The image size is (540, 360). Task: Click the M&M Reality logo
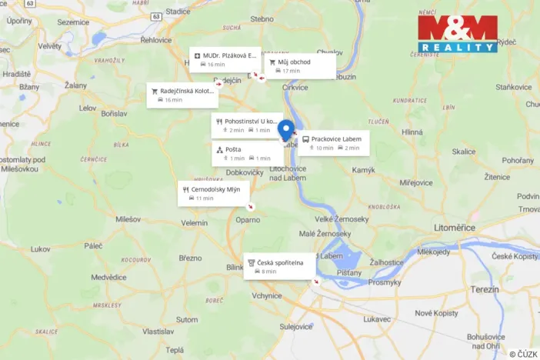pos(458,35)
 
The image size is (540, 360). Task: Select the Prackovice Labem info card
pos(334,142)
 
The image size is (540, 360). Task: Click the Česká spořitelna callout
pos(279,266)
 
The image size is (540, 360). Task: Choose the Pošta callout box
pos(247,153)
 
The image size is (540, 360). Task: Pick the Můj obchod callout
pos(300,65)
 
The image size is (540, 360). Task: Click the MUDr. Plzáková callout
pos(225,59)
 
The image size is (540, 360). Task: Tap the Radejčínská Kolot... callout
pos(182,95)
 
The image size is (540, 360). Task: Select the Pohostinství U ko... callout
pos(247,125)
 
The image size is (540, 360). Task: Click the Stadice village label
pos(178,12)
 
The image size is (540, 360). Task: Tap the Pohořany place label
pos(516,161)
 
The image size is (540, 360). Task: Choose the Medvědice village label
pos(108,277)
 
